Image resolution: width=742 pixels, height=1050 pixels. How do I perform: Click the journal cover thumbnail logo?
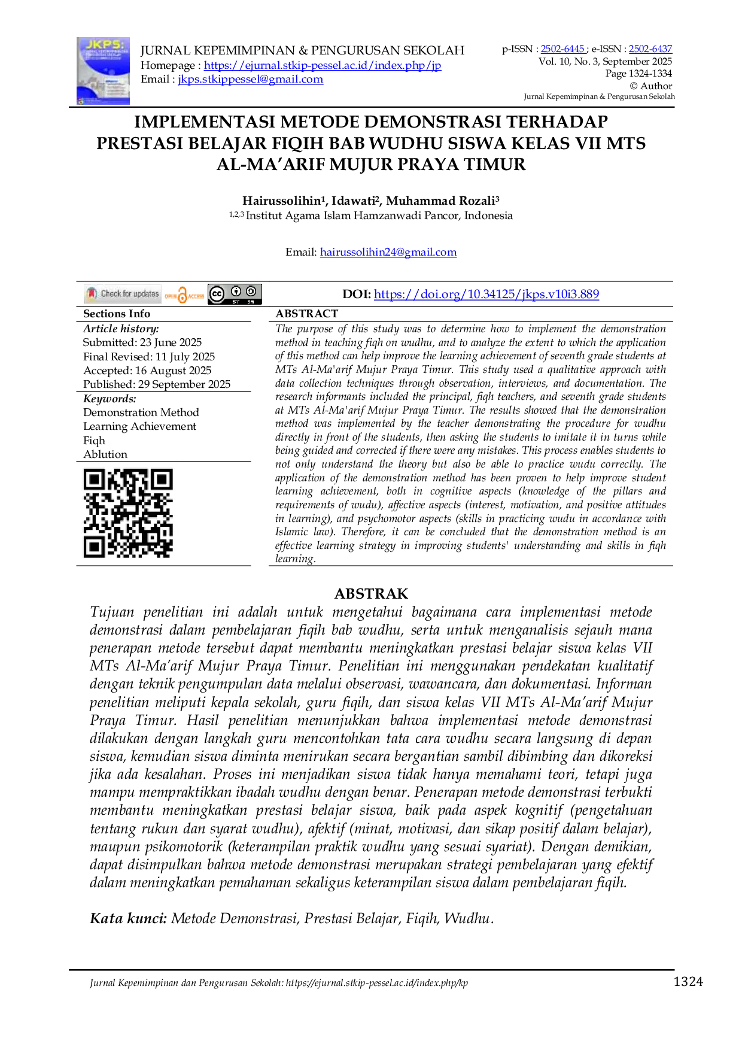(x=103, y=71)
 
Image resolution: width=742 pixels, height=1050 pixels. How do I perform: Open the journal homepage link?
(x=323, y=65)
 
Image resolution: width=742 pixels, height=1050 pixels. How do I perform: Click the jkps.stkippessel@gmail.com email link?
(x=251, y=79)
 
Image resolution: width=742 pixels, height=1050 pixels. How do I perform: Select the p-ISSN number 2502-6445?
(x=562, y=49)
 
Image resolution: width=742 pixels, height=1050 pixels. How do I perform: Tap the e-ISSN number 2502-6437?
(x=650, y=49)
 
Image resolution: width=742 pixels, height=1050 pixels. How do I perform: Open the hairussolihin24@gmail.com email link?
(x=388, y=252)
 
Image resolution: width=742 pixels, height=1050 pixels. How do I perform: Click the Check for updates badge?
(x=123, y=294)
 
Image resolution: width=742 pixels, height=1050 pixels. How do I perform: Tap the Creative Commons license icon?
(x=235, y=294)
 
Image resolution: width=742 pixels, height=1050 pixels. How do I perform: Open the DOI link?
(x=486, y=294)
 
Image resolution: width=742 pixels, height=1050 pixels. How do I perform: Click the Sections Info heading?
(x=117, y=314)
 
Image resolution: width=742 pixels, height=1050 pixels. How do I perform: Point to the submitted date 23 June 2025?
(x=171, y=342)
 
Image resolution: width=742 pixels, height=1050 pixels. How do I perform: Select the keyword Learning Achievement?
(x=140, y=426)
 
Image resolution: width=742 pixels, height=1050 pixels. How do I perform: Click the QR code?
(x=128, y=513)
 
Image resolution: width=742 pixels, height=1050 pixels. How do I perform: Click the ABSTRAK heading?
(x=371, y=594)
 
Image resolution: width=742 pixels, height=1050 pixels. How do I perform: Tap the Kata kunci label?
(x=128, y=918)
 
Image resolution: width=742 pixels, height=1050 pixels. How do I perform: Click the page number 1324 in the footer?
(x=688, y=981)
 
